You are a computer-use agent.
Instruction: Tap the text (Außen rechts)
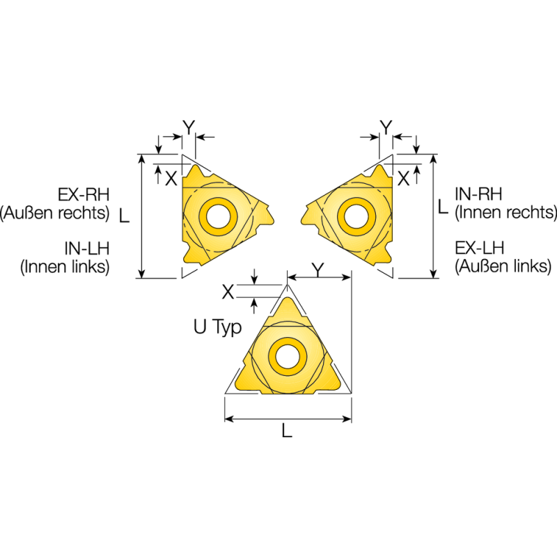[x=56, y=212]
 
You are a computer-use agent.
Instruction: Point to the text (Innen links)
[x=65, y=267]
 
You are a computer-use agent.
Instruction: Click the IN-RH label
[x=478, y=193]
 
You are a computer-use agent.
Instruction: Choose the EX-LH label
[x=478, y=248]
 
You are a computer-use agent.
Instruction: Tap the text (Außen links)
[x=502, y=267]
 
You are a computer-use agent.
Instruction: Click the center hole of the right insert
[x=353, y=215]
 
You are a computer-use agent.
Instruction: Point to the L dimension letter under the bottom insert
[x=287, y=432]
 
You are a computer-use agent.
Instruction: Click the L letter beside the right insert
[x=443, y=206]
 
